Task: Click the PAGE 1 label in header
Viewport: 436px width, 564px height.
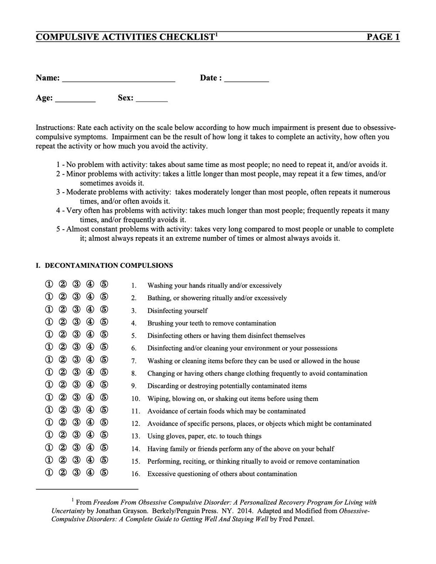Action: click(383, 37)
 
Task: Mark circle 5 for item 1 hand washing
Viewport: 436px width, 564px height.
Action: click(104, 285)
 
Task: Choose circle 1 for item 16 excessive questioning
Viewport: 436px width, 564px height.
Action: click(48, 473)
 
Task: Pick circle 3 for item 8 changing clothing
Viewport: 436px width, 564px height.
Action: click(76, 373)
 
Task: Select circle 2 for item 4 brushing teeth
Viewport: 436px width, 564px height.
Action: click(62, 323)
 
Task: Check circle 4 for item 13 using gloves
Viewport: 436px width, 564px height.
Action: click(90, 435)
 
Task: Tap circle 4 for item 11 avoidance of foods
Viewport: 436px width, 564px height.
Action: click(90, 410)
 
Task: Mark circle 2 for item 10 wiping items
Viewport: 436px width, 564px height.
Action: click(62, 398)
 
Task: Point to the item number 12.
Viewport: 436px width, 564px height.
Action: click(135, 424)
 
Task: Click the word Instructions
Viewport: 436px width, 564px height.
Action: click(55, 128)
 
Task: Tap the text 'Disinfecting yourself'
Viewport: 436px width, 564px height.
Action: click(177, 311)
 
